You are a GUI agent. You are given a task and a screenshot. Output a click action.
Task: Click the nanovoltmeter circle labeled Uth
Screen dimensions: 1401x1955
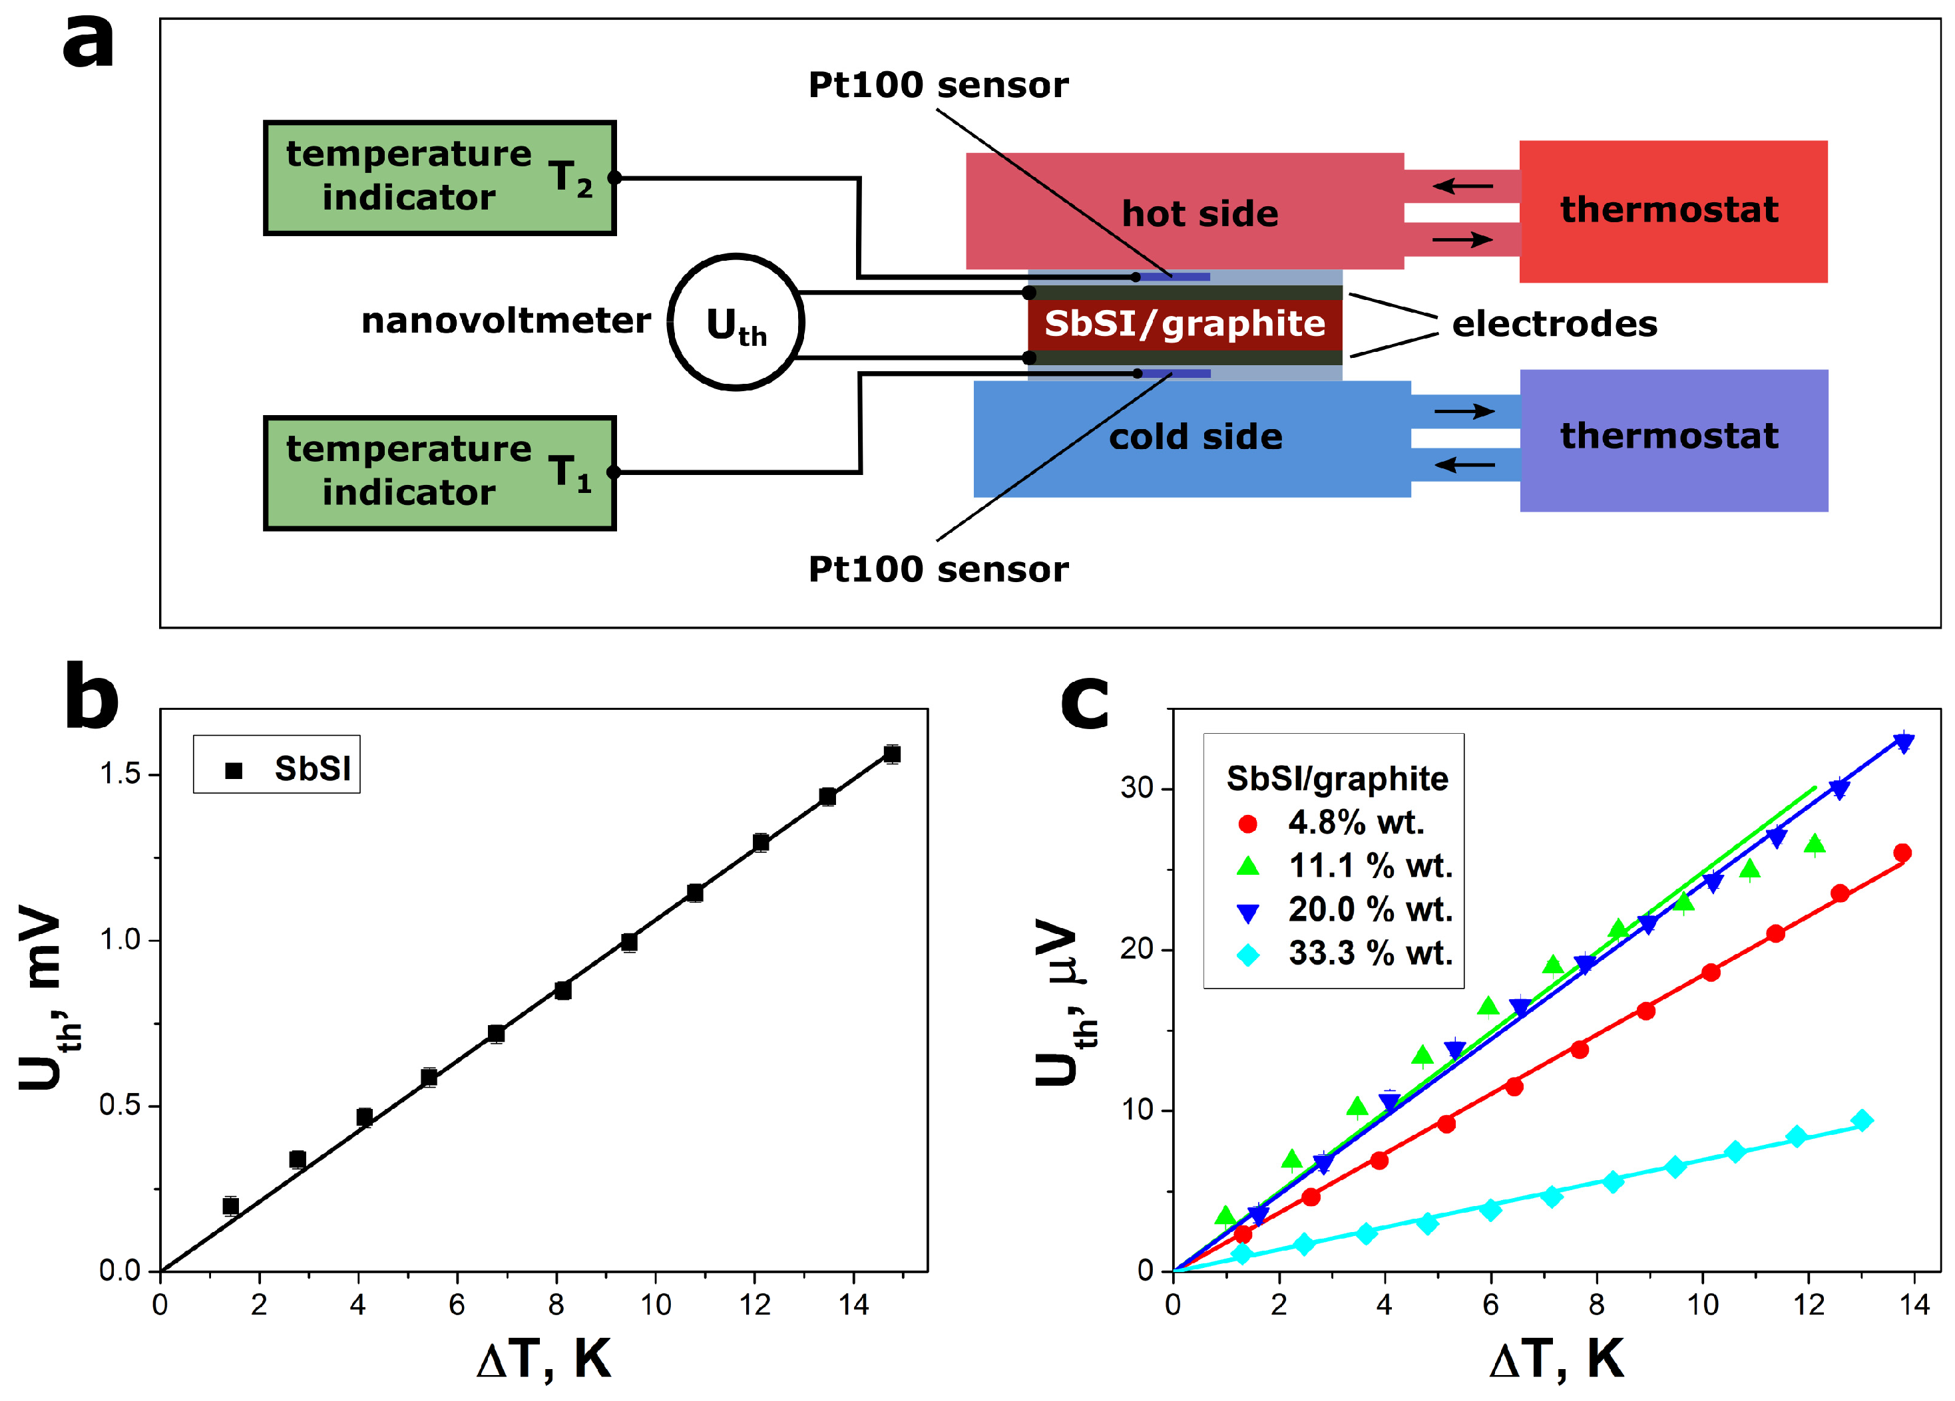click(x=736, y=322)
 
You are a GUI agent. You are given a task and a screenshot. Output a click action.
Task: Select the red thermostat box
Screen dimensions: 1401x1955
click(x=1672, y=211)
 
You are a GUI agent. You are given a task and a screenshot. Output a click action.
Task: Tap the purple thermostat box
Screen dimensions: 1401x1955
click(x=1672, y=440)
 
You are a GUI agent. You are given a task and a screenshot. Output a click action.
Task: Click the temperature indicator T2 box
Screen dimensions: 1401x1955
click(x=439, y=178)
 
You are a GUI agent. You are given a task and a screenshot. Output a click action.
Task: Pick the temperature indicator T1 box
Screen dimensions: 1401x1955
click(x=439, y=473)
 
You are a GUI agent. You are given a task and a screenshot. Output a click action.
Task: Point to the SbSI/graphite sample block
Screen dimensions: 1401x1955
click(x=1184, y=323)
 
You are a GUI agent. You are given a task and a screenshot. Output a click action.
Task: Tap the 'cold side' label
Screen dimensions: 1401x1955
click(x=1195, y=437)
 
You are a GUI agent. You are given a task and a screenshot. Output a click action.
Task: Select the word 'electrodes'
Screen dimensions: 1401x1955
click(x=1554, y=324)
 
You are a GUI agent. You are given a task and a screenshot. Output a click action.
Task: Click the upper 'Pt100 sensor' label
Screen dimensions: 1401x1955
click(x=938, y=84)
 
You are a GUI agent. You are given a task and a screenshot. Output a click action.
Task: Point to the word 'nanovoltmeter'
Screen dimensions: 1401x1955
click(x=506, y=321)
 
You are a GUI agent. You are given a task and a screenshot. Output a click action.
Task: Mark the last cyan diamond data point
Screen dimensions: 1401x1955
click(x=1861, y=1121)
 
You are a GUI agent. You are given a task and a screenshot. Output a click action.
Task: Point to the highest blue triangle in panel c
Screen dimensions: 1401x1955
click(x=1903, y=742)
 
